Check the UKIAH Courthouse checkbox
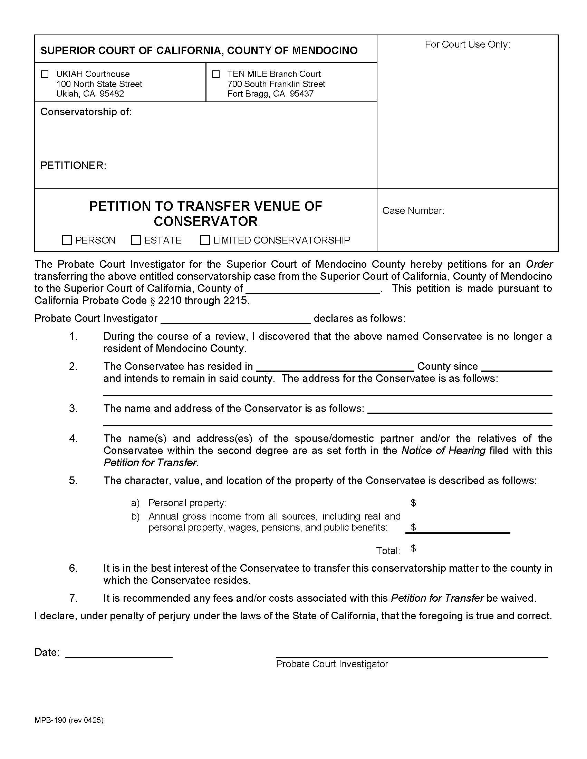point(45,74)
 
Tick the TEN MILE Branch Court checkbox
point(216,74)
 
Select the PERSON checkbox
point(67,240)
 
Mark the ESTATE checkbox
point(136,240)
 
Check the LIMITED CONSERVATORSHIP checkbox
point(205,240)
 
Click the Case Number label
point(413,211)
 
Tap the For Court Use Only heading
point(468,45)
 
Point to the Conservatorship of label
point(86,112)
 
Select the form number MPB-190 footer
point(69,720)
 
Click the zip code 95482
point(112,94)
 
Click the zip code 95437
point(301,94)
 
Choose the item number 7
point(73,598)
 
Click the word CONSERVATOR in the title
point(205,221)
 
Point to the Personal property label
point(187,503)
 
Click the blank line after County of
point(313,289)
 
